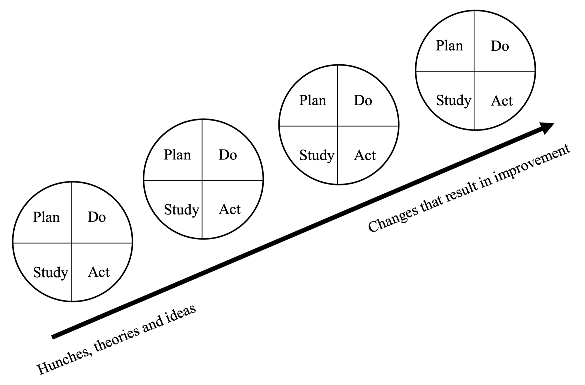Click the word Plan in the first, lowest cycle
pyautogui.click(x=46, y=217)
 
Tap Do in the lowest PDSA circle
pyautogui.click(x=97, y=217)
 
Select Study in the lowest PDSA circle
pyautogui.click(x=50, y=272)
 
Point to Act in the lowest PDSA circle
pyautogui.click(x=99, y=272)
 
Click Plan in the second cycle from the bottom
pyautogui.click(x=177, y=155)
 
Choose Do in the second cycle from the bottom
pyautogui.click(x=228, y=155)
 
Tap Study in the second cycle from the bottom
pyautogui.click(x=181, y=210)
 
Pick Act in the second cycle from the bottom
pyautogui.click(x=230, y=209)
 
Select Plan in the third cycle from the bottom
pyautogui.click(x=312, y=100)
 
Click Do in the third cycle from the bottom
pyautogui.click(x=363, y=100)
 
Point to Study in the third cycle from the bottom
pyautogui.click(x=317, y=155)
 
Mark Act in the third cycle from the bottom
pyautogui.click(x=365, y=155)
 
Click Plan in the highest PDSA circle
pyautogui.click(x=450, y=46)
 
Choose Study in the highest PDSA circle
pyautogui.click(x=454, y=101)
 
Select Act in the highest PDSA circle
pyautogui.click(x=502, y=101)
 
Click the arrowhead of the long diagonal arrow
pyautogui.click(x=547, y=128)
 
